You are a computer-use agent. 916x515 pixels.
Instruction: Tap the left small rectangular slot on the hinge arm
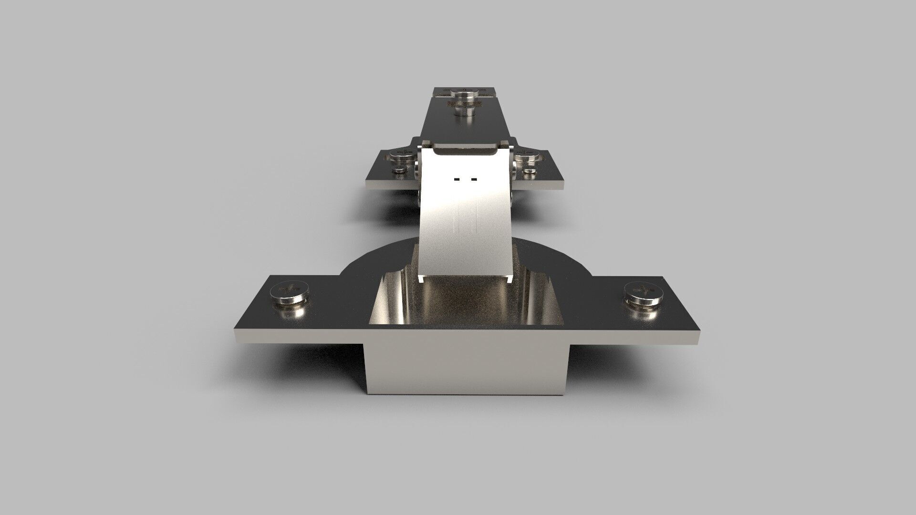(x=457, y=179)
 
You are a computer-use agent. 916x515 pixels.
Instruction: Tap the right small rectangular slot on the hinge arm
(x=473, y=179)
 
